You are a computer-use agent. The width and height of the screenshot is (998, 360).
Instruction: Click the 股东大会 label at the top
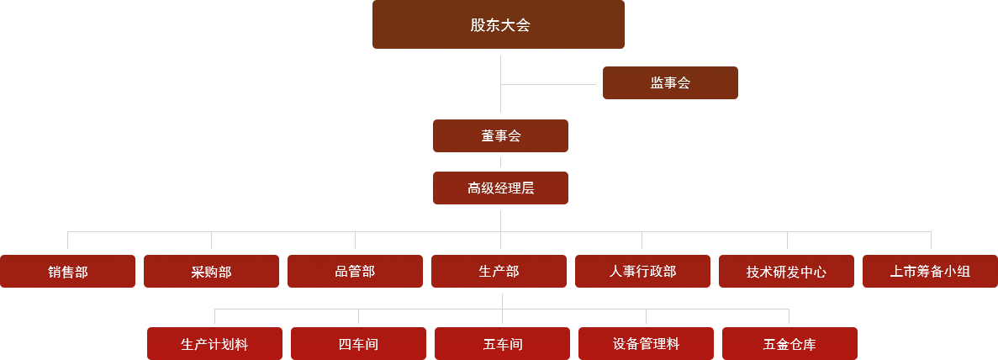500,25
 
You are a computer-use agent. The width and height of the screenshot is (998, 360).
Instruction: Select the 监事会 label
669,82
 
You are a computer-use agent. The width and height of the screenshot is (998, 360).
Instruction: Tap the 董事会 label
500,135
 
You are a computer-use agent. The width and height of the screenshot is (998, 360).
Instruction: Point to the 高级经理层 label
500,188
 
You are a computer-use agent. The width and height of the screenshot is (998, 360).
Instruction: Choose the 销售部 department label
68,272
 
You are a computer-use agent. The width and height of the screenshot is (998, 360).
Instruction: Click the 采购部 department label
211,272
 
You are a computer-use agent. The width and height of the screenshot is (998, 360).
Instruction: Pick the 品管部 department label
355,271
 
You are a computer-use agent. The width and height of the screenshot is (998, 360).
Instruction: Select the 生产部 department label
499,271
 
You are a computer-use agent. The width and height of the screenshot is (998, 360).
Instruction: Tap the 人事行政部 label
642,271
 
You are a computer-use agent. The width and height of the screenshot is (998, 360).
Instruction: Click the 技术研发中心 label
786,272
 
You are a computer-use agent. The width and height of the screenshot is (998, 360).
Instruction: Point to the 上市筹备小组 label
930,271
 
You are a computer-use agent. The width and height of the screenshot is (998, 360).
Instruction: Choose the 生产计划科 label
214,344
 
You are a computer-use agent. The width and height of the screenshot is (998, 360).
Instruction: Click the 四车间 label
358,344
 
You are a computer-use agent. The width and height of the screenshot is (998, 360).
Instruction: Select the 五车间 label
503,344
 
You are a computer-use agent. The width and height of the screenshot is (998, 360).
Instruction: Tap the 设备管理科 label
646,344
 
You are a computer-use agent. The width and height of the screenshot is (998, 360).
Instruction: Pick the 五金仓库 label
789,344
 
